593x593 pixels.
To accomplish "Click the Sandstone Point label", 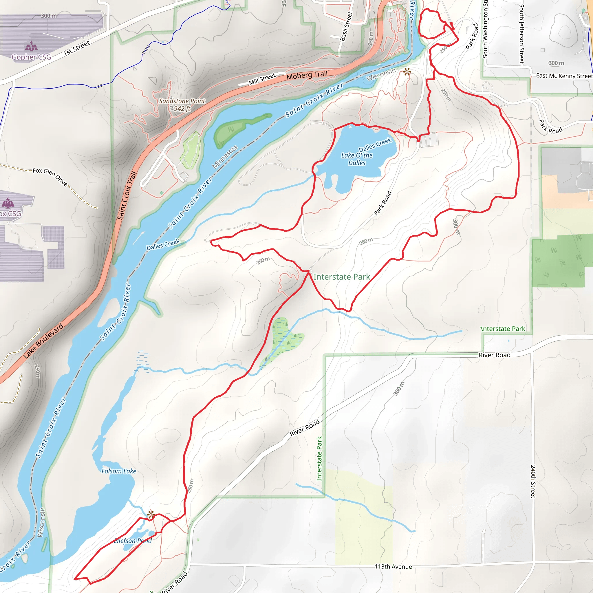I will tap(182, 101).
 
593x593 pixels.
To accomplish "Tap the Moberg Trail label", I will tap(307, 75).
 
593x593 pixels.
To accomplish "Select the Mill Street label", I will tap(262, 79).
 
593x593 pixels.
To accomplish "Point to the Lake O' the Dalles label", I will tap(357, 159).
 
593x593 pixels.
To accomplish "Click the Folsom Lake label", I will tap(119, 471).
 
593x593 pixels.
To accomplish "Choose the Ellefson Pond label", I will tap(133, 541).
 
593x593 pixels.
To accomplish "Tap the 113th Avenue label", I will tap(393, 567).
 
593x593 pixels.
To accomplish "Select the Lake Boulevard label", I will tap(44, 341).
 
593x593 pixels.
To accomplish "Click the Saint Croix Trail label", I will tap(127, 195).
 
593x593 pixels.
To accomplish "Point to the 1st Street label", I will tap(76, 48).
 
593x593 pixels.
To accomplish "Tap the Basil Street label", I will tap(346, 26).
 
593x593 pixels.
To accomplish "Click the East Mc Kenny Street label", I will tap(564, 76).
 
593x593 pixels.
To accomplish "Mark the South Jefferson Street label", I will tap(521, 34).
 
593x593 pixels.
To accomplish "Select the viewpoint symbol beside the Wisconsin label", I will tap(407, 72).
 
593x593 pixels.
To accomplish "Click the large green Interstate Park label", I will tap(342, 277).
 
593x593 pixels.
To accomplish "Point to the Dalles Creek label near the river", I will tap(163, 245).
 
